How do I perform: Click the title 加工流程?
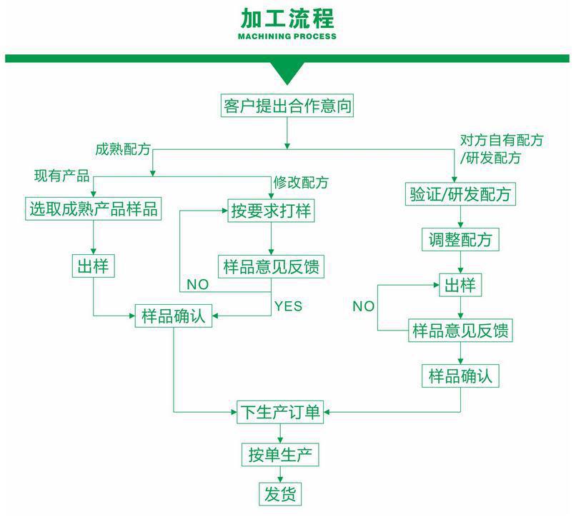coord(287,18)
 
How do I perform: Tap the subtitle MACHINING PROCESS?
coord(287,36)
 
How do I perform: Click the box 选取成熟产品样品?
coord(93,209)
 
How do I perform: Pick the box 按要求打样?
coord(272,211)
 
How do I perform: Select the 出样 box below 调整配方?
coord(460,286)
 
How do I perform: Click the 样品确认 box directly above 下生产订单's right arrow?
coord(460,376)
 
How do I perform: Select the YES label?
coord(288,306)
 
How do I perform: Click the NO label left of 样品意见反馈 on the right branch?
coord(363,306)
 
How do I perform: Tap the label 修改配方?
coord(301,182)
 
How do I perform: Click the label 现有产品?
coord(62,176)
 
